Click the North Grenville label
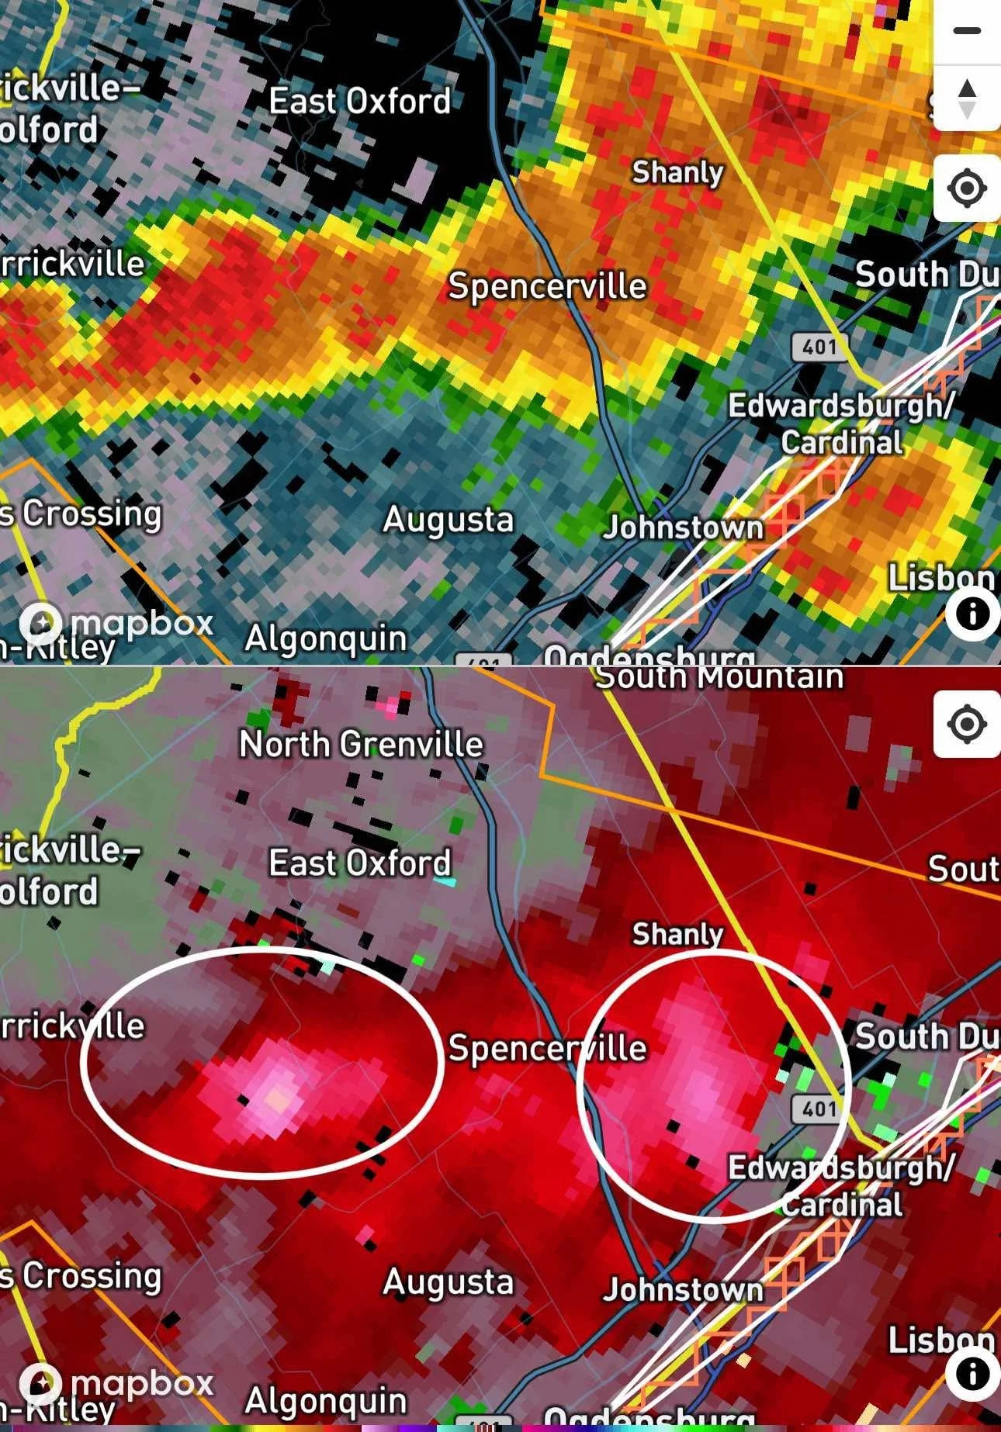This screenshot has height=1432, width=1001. pyautogui.click(x=361, y=745)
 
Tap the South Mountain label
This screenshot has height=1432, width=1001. pyautogui.click(x=719, y=677)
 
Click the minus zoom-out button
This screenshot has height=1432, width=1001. pyautogui.click(x=967, y=31)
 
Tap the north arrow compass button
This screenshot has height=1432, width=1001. pyautogui.click(x=967, y=99)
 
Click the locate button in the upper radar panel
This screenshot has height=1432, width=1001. pyautogui.click(x=967, y=189)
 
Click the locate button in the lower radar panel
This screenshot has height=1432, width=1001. pyautogui.click(x=967, y=725)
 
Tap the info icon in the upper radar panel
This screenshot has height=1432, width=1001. pyautogui.click(x=972, y=614)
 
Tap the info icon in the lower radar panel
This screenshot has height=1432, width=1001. pyautogui.click(x=972, y=1374)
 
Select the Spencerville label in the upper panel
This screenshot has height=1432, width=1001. pyautogui.click(x=547, y=286)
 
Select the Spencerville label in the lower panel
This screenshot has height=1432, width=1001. pyautogui.click(x=547, y=1049)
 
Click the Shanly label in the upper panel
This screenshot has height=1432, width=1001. pyautogui.click(x=677, y=172)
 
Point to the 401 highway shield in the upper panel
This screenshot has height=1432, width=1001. pyautogui.click(x=819, y=346)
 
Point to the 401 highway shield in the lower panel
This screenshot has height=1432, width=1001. pyautogui.click(x=819, y=1109)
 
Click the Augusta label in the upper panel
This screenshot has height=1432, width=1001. pyautogui.click(x=449, y=520)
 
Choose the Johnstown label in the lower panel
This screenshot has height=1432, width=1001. pyautogui.click(x=683, y=1290)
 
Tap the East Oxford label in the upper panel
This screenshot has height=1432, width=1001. pyautogui.click(x=359, y=102)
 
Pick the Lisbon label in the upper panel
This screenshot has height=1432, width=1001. pyautogui.click(x=940, y=578)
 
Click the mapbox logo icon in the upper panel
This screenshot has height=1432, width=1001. pyautogui.click(x=40, y=623)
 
